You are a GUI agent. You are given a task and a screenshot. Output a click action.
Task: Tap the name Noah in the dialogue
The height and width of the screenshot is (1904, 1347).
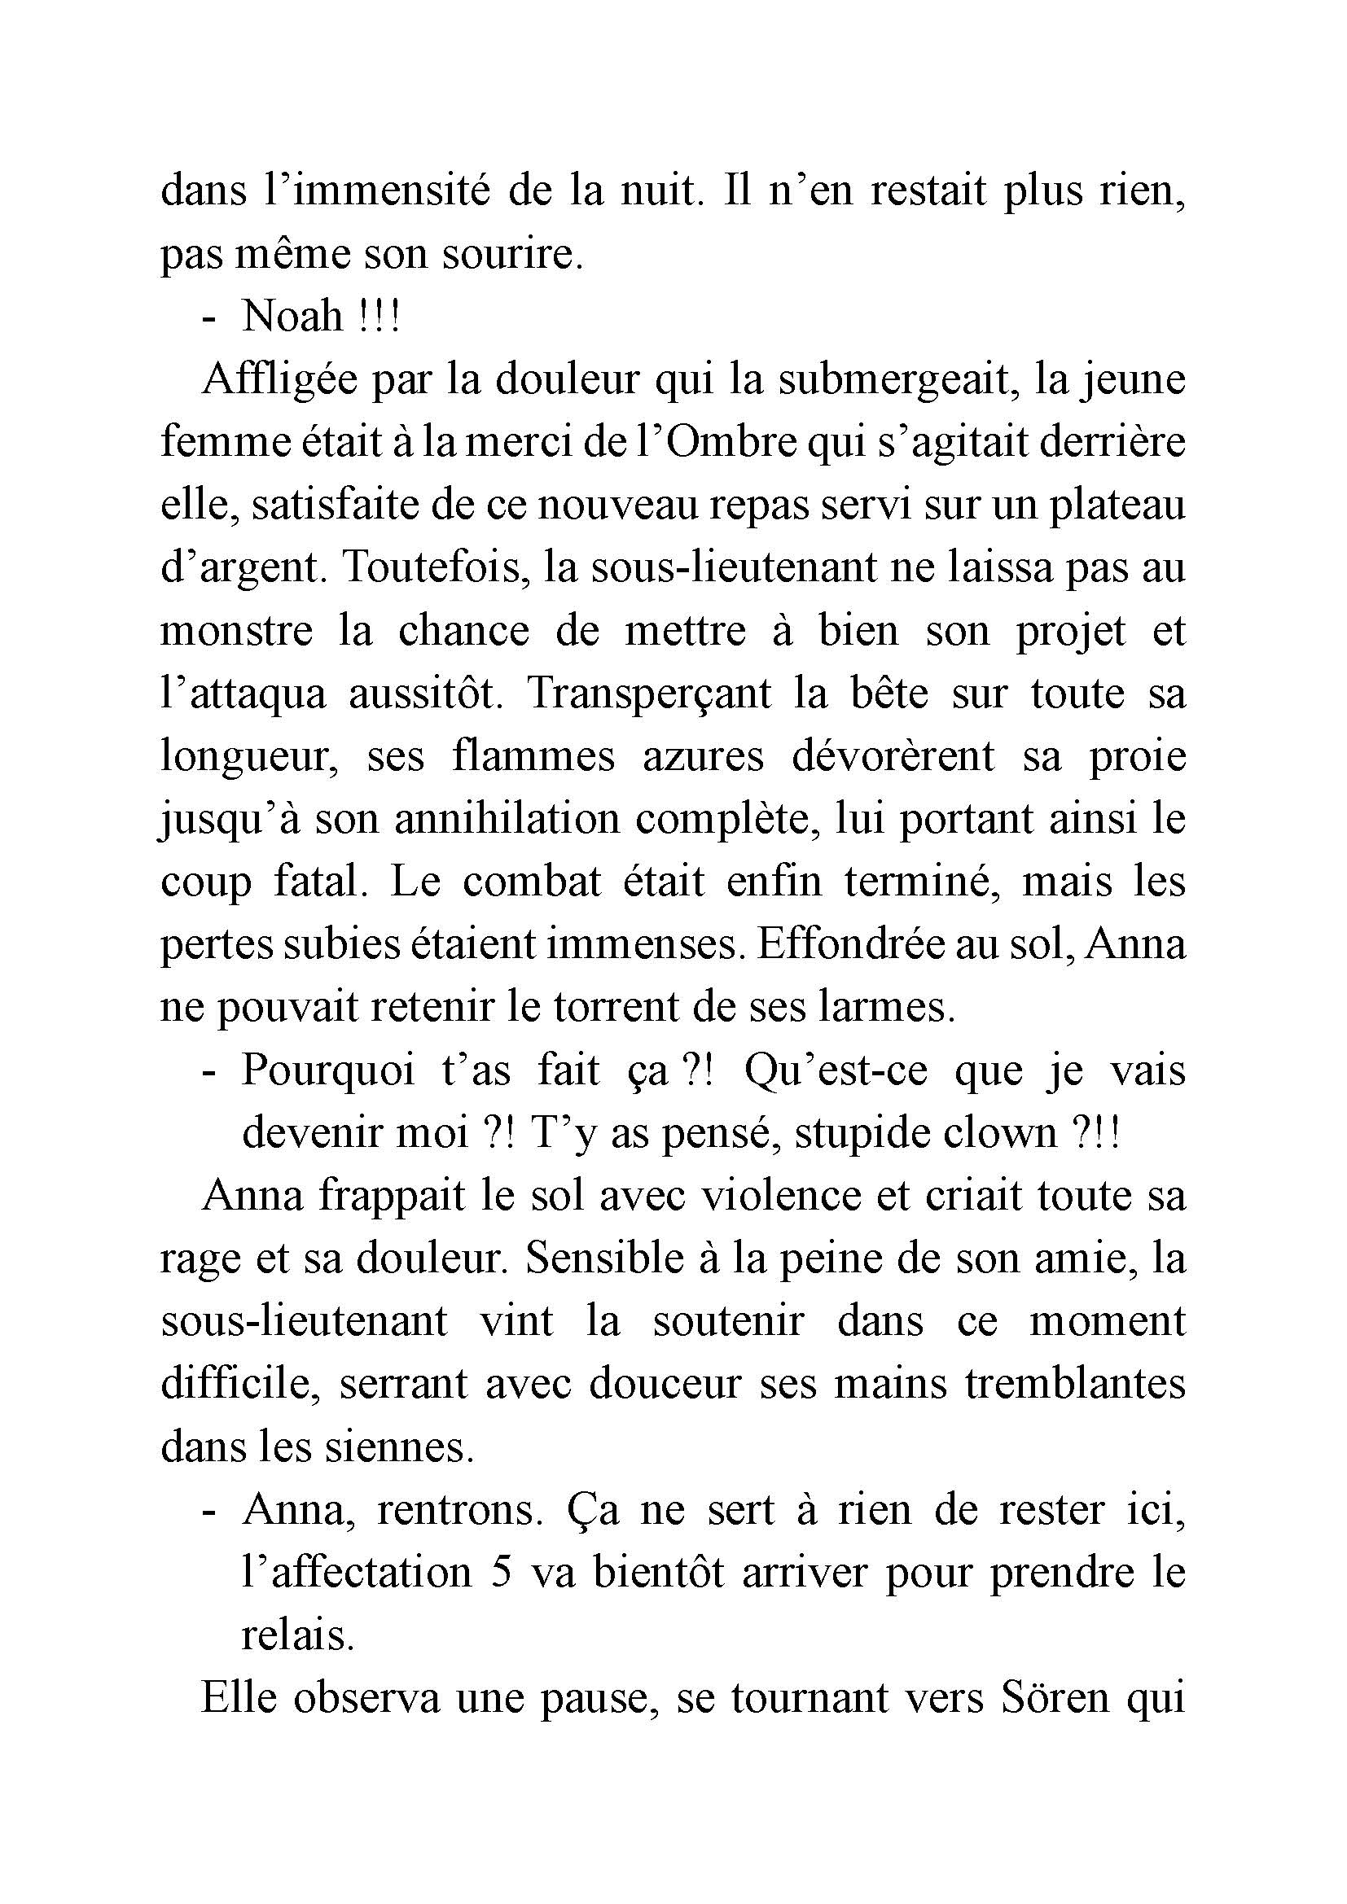(292, 316)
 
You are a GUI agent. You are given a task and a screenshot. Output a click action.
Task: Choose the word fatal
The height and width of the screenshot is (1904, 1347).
(319, 882)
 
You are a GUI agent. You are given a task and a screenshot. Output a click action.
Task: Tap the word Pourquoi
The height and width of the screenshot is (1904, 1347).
(327, 1070)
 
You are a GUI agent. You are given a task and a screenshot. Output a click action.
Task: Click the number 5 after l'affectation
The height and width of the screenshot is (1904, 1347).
(500, 1574)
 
